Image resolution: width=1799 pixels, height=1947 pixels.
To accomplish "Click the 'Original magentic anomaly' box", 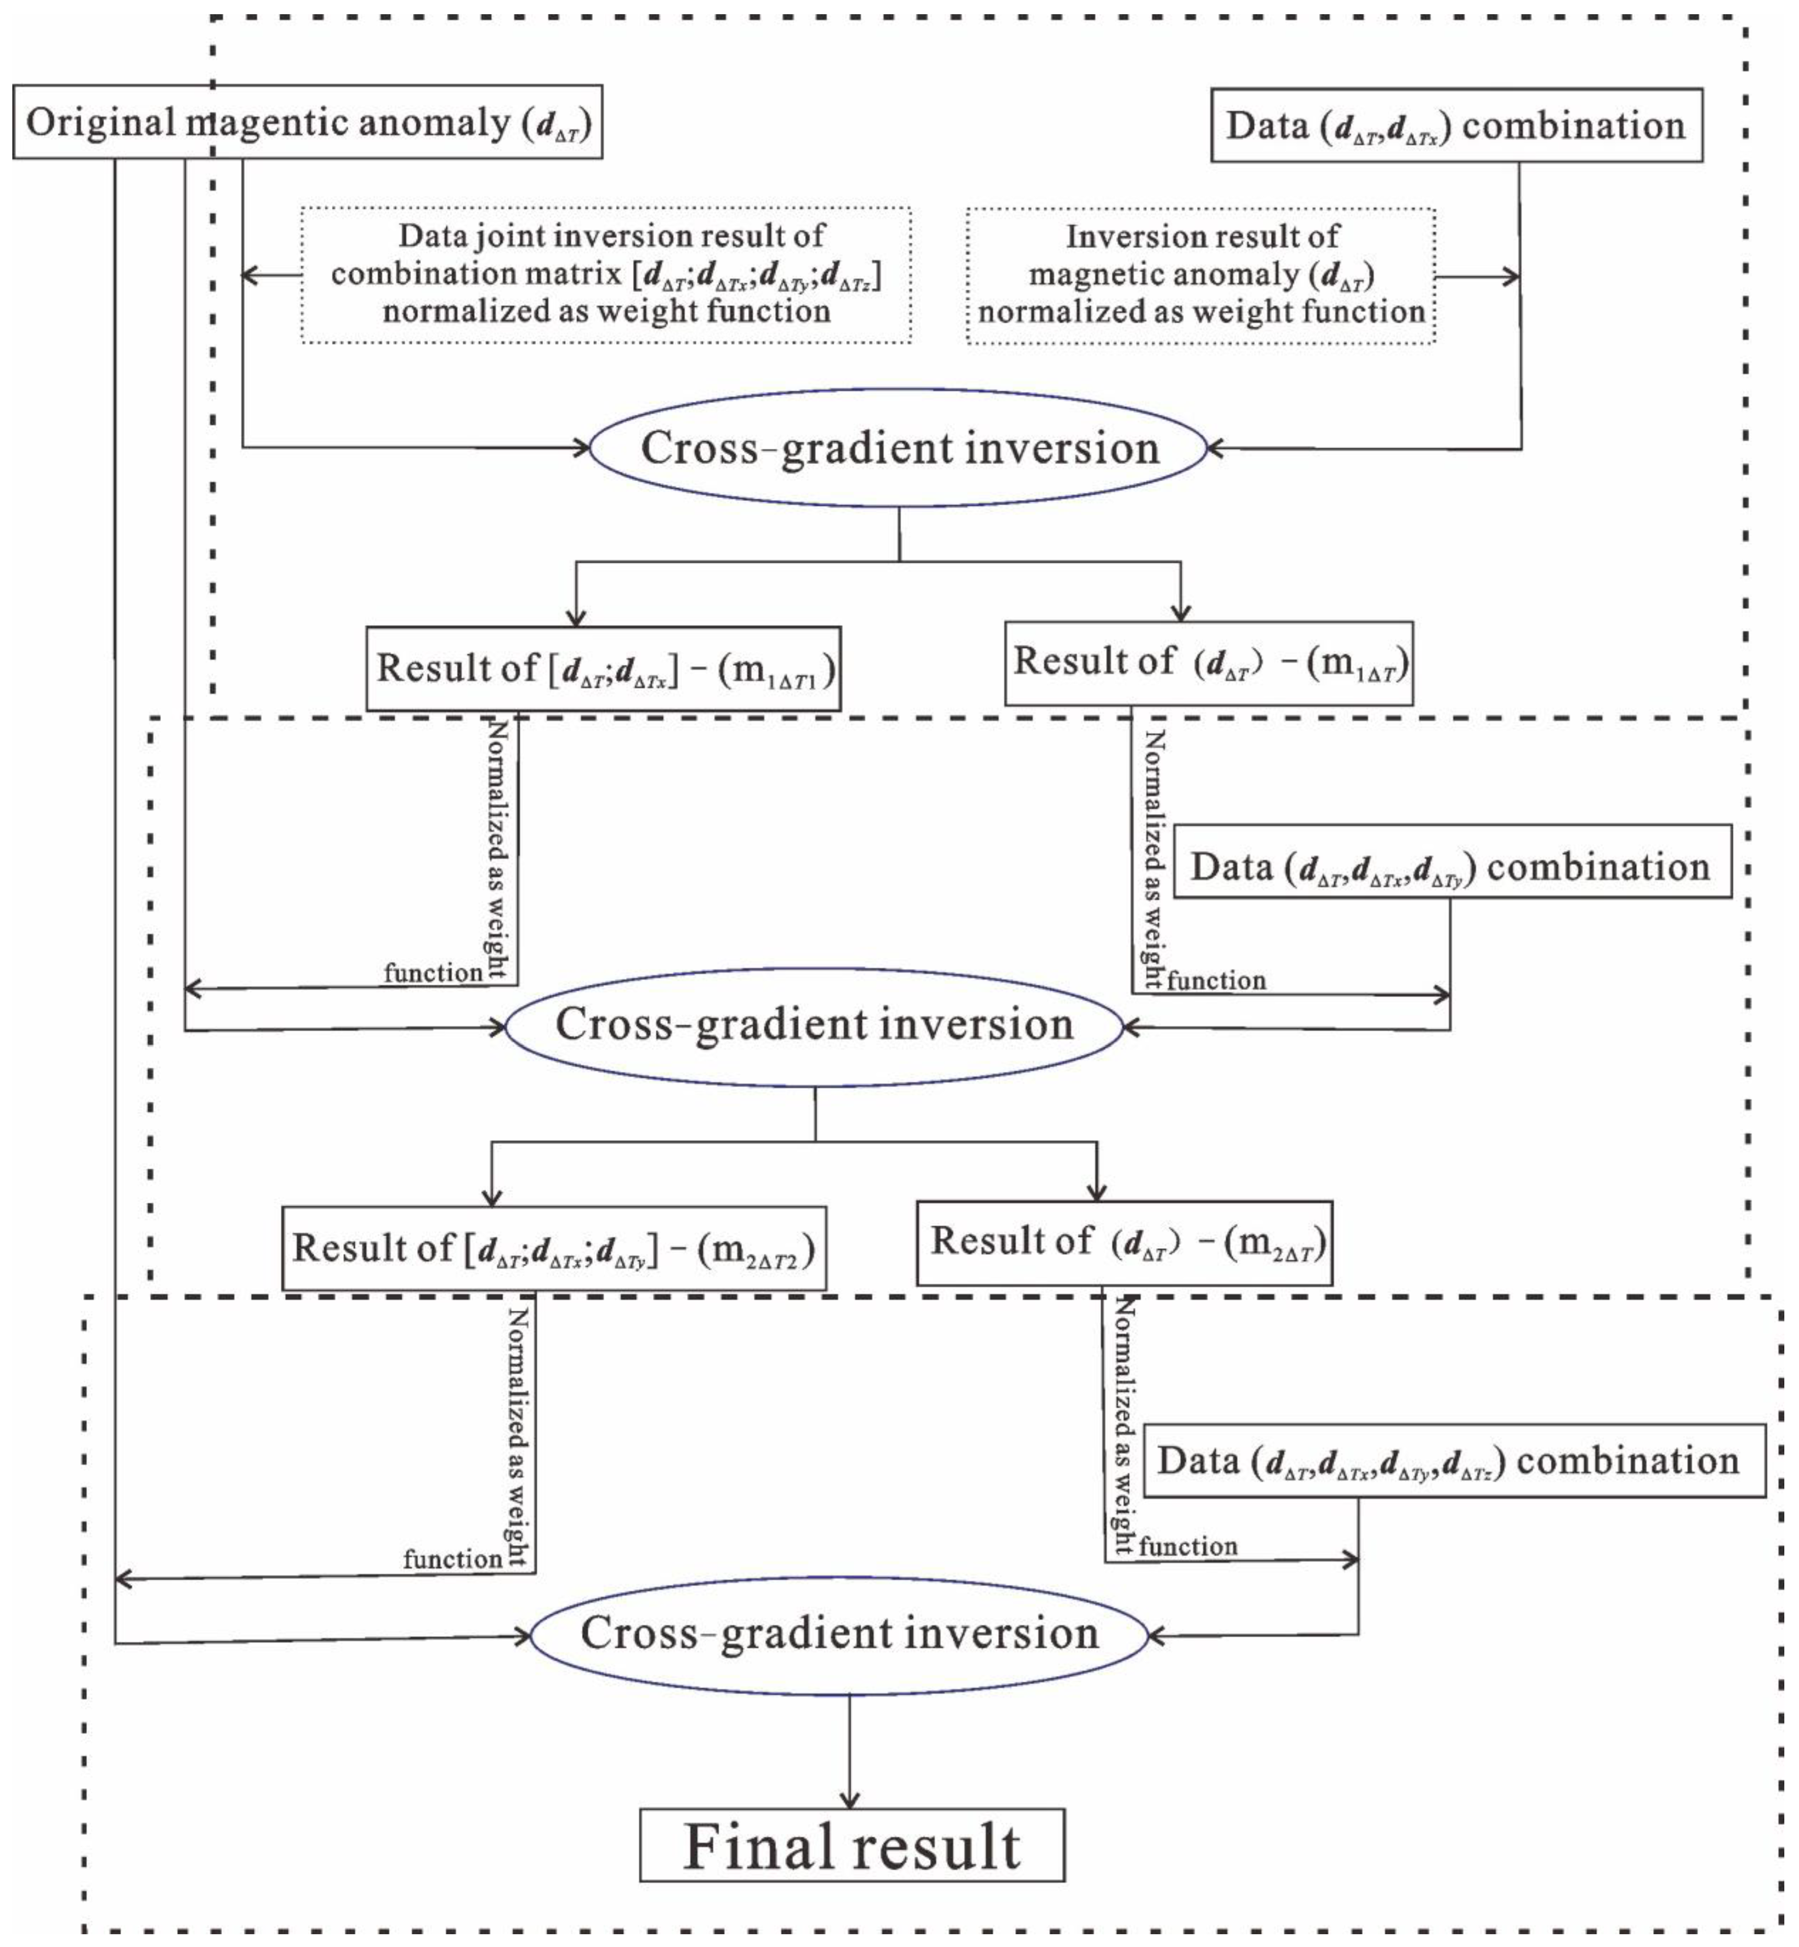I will [308, 123].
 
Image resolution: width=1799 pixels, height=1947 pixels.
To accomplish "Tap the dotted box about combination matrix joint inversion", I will [606, 275].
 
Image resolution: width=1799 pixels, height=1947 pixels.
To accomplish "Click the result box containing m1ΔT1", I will [604, 669].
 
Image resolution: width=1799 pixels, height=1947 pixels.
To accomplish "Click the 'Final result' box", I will [852, 1847].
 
